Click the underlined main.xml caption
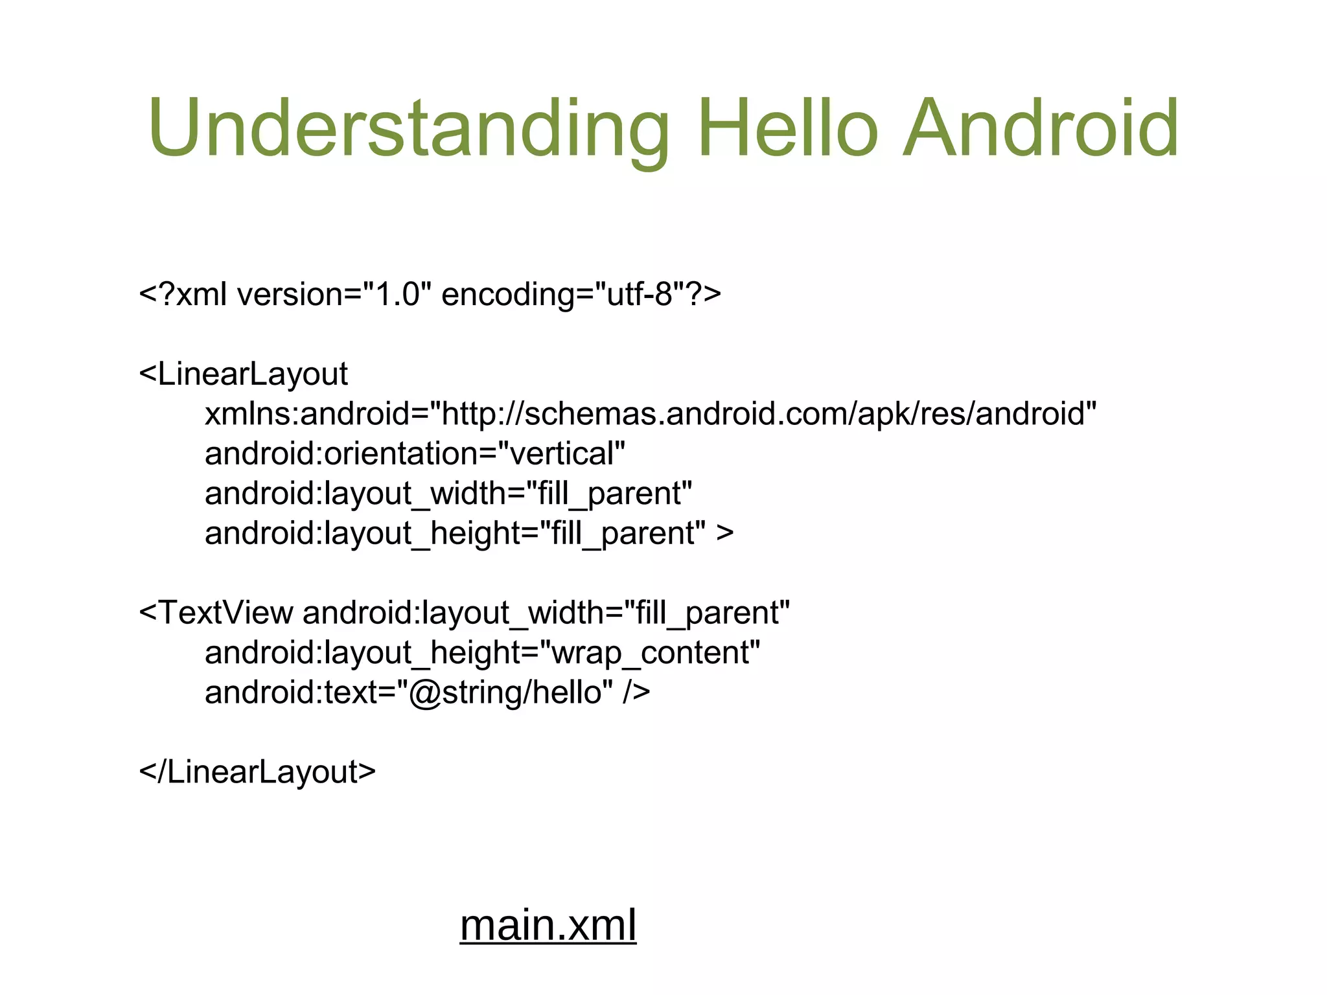click(548, 925)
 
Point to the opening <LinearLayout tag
click(244, 374)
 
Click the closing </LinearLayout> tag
click(257, 772)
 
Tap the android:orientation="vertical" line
click(415, 453)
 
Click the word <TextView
click(216, 613)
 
